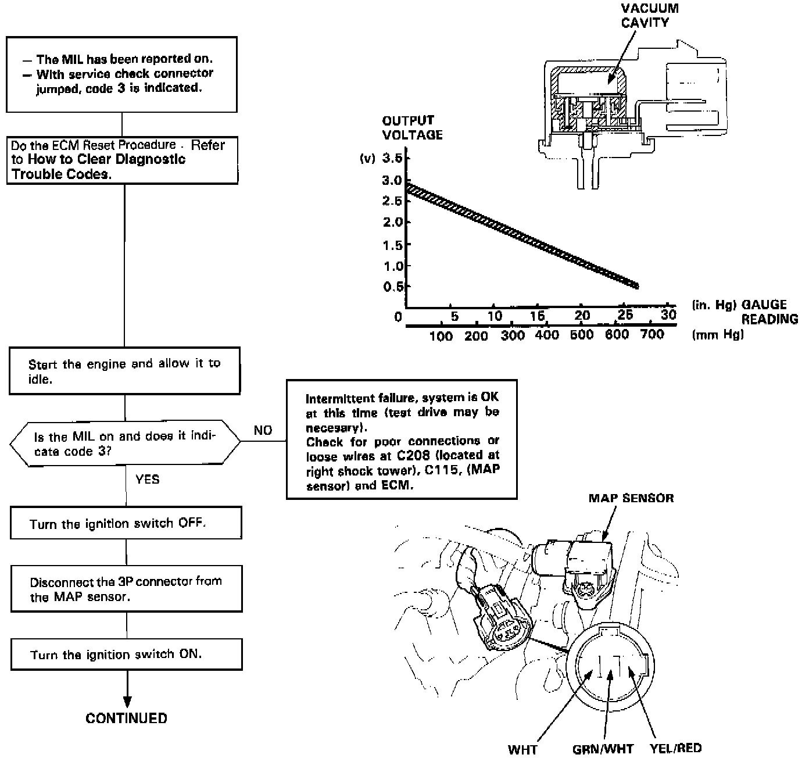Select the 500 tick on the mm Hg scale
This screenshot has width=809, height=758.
click(582, 335)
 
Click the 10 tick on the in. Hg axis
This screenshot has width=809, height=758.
click(495, 316)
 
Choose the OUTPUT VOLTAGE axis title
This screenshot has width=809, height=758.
click(412, 127)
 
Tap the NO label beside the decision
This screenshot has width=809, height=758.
click(263, 430)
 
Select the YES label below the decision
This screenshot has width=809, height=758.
click(147, 480)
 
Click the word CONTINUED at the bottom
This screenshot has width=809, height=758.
click(126, 718)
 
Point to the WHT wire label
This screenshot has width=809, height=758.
click(522, 749)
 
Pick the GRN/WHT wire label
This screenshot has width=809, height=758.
click(603, 749)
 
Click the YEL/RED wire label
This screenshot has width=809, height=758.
click(675, 748)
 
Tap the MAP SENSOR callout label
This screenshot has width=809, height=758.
click(631, 498)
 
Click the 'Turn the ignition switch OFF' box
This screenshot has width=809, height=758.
click(126, 523)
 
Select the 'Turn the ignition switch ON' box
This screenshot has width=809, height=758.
click(126, 655)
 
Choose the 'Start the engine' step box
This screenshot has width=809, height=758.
click(124, 371)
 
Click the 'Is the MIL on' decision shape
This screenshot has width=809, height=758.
click(124, 444)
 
